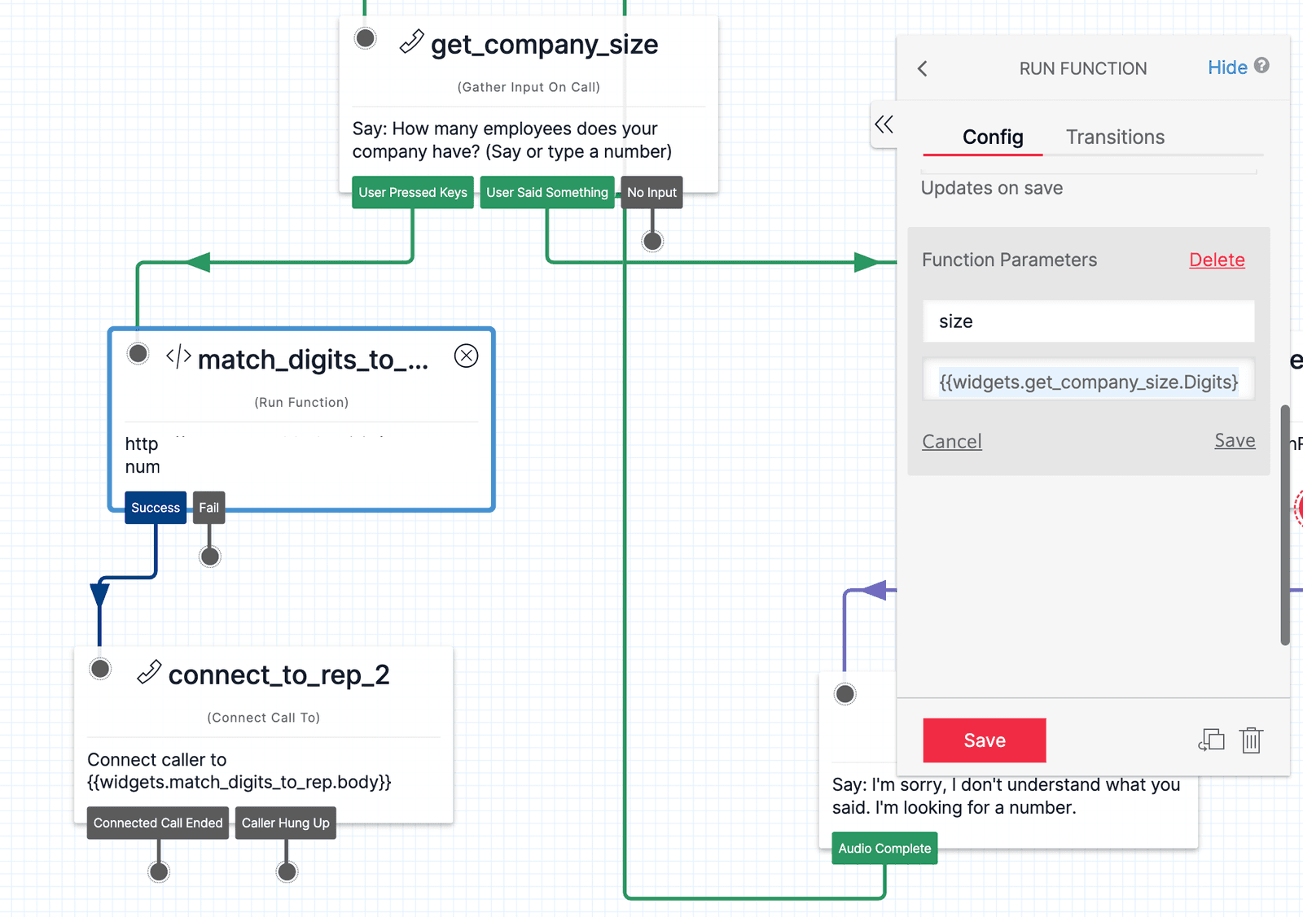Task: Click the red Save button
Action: pos(984,740)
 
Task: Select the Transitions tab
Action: pos(1115,137)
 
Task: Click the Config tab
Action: pos(992,137)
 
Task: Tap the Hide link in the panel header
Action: pos(1226,68)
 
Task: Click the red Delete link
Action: pos(1217,260)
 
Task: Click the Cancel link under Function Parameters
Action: pos(951,441)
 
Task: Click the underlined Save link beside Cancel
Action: pos(1235,440)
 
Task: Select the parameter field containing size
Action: pos(1088,321)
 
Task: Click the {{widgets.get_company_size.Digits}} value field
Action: pos(1088,382)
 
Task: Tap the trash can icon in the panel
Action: pos(1251,740)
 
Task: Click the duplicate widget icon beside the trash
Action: pos(1212,740)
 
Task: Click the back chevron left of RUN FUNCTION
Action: pos(923,69)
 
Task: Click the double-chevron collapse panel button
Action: pos(884,124)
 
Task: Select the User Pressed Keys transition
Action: pos(413,193)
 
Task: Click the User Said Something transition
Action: pos(547,193)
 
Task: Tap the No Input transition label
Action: pos(651,193)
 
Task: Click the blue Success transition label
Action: pos(156,508)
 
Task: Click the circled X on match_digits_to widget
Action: pos(466,356)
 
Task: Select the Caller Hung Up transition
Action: pos(285,823)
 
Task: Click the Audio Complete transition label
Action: pos(884,849)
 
